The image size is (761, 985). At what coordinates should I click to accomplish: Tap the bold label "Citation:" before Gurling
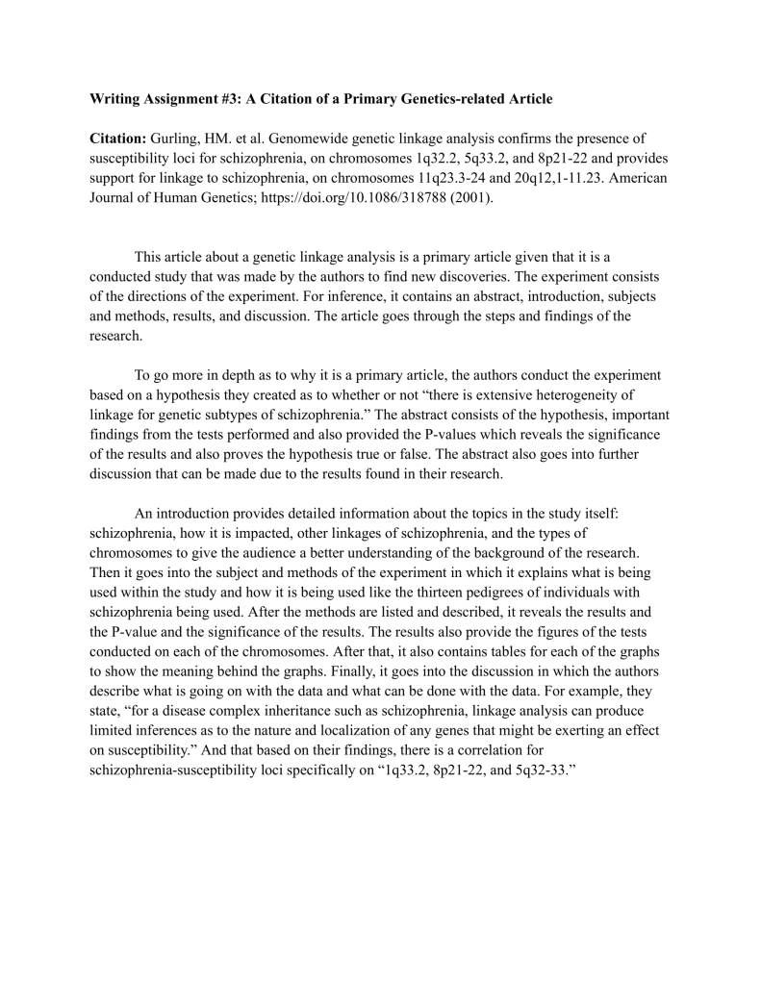point(118,138)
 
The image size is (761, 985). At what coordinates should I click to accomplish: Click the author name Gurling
point(178,138)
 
